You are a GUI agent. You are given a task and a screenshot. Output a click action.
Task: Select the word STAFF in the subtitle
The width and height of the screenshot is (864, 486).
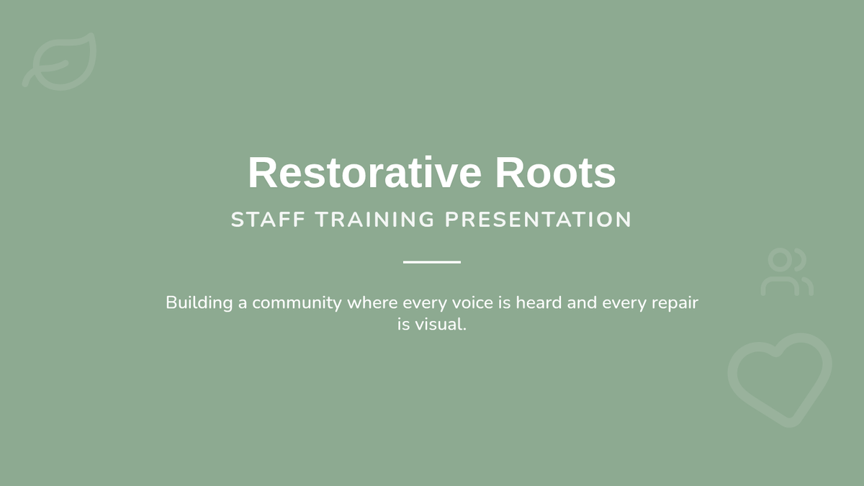pos(268,220)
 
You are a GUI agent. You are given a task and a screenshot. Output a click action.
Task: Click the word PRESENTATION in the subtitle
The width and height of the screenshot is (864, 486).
pos(538,220)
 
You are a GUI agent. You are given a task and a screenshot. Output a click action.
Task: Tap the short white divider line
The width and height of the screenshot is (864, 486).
pos(432,262)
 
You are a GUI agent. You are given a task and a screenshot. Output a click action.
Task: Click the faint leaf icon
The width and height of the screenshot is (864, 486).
pos(59,62)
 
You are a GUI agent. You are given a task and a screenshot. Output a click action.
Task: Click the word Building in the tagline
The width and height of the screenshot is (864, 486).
pos(199,303)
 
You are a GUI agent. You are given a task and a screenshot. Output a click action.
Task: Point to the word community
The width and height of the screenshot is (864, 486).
pos(297,304)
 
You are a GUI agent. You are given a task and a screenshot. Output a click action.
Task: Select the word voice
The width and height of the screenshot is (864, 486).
pos(472,303)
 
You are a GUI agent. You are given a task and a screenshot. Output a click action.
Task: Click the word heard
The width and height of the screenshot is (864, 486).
pos(539,303)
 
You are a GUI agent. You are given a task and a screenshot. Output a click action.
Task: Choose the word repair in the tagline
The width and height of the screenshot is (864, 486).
pos(675,304)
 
